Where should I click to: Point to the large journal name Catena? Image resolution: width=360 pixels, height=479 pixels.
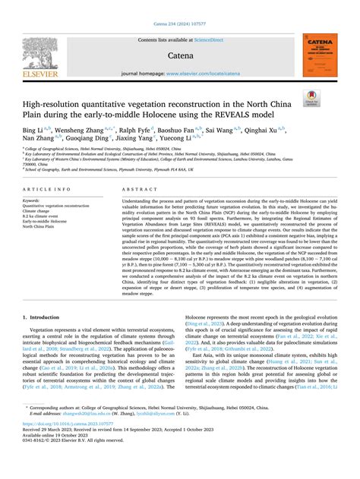tap(180, 56)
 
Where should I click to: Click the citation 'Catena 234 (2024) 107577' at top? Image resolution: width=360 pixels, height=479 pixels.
tap(180, 24)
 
